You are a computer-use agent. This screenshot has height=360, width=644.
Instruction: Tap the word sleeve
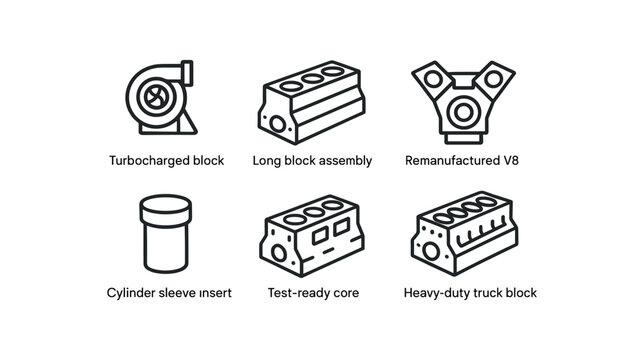(x=183, y=293)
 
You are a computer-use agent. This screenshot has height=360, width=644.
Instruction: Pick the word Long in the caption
(x=267, y=160)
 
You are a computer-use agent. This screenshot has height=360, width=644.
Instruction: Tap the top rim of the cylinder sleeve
(x=165, y=204)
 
